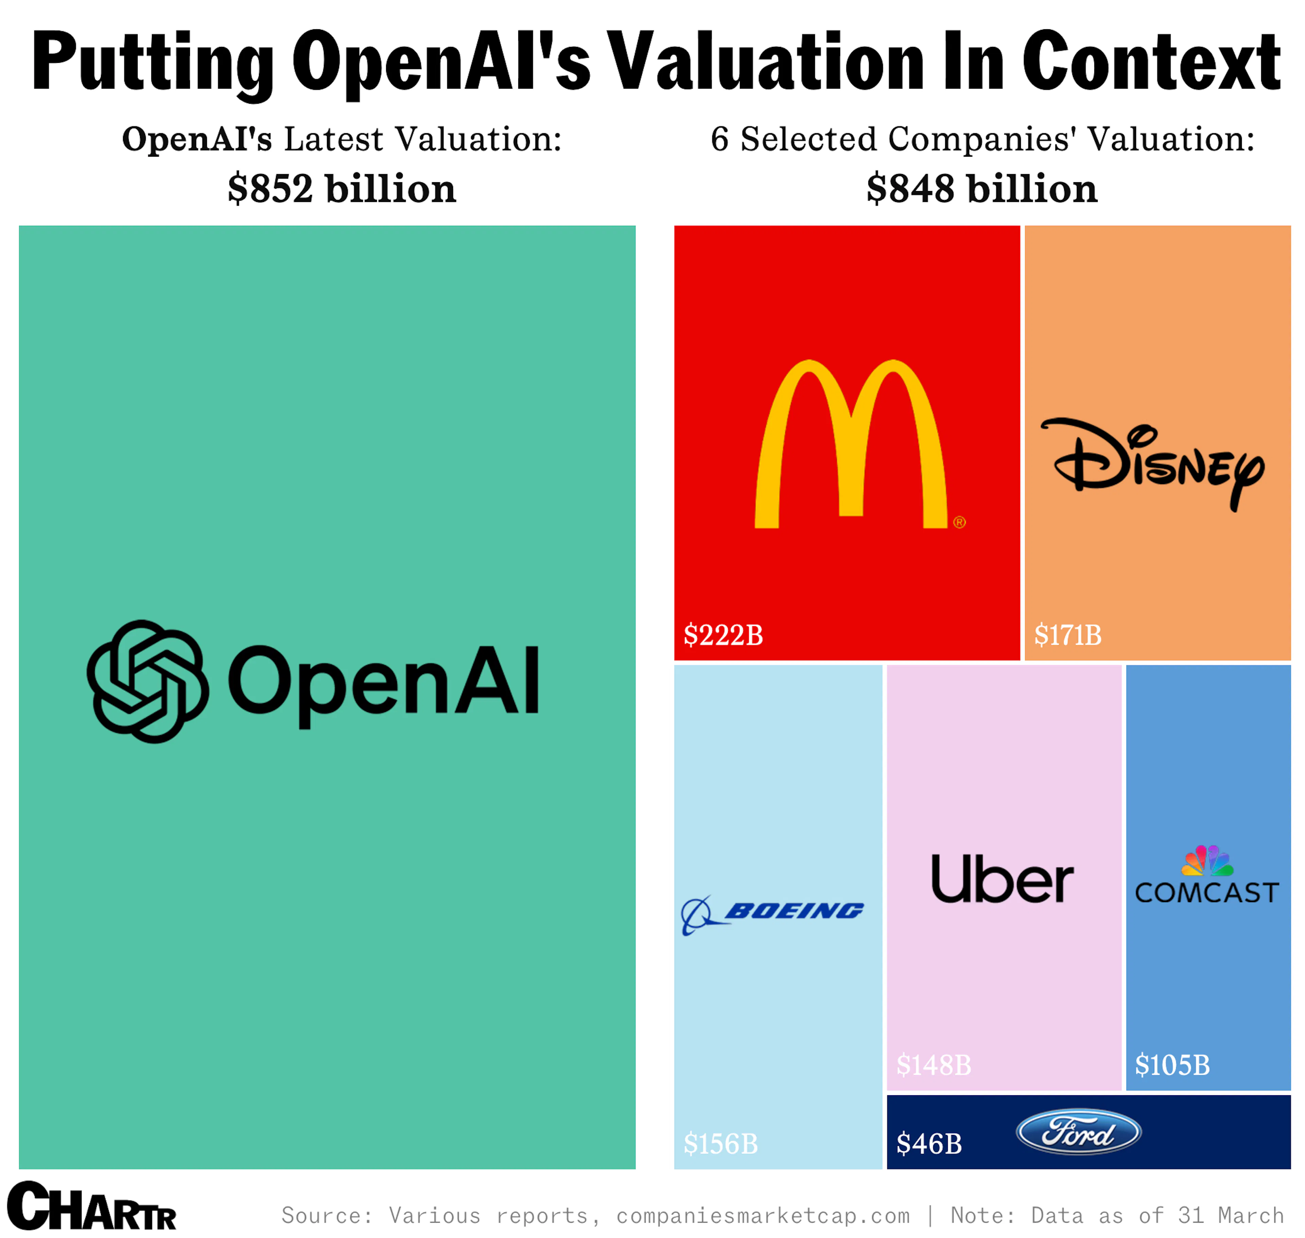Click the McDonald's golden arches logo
(850, 444)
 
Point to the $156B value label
(720, 1144)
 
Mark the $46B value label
(929, 1144)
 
